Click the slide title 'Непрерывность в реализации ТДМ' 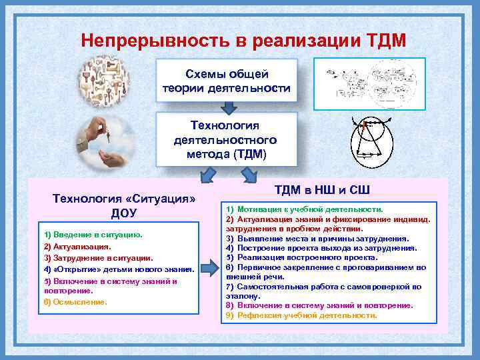(243, 41)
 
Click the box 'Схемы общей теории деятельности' (226, 81)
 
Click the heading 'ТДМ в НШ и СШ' (322, 189)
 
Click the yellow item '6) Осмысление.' (75, 302)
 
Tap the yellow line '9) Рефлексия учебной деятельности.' (301, 315)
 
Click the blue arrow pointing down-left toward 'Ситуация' (209, 175)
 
